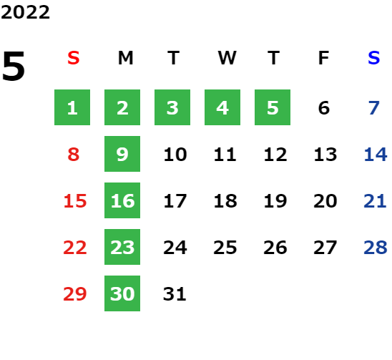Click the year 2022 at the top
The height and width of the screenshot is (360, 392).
[25, 12]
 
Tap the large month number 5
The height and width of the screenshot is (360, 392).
[14, 66]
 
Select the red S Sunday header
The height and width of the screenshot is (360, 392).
[74, 58]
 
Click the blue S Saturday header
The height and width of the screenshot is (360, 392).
[373, 58]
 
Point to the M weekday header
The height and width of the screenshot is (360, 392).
[125, 58]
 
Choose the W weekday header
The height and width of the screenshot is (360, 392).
[227, 58]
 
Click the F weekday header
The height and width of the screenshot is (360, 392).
[324, 58]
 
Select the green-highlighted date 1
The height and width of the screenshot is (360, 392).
[72, 107]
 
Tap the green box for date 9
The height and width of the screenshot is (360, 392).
[122, 154]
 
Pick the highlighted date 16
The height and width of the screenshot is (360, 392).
[122, 200]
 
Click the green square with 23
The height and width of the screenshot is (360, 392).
[122, 247]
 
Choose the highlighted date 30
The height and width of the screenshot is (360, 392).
[122, 293]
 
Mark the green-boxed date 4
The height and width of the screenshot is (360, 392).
[222, 107]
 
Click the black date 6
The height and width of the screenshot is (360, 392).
[324, 108]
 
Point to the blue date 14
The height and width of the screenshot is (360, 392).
[376, 155]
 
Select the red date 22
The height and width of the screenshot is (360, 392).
[75, 248]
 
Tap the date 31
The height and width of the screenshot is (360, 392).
[175, 294]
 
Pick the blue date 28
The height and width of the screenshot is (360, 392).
[376, 248]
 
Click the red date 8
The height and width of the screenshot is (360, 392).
[74, 155]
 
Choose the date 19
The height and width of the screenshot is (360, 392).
[275, 201]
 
